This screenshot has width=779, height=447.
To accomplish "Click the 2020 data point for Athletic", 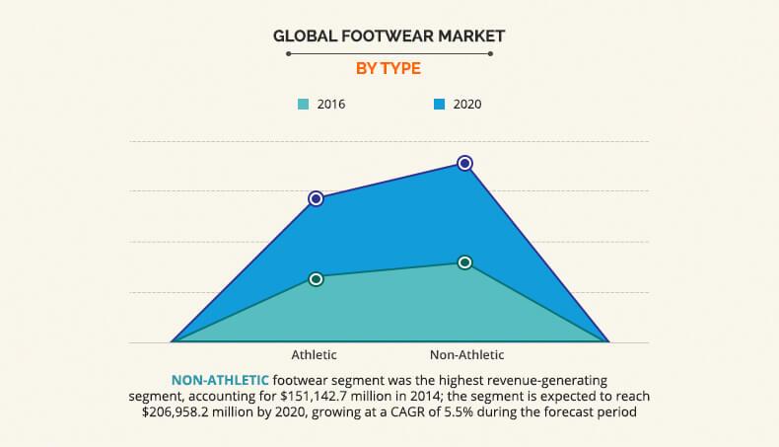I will [316, 198].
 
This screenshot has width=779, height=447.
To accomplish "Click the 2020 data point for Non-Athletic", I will [464, 163].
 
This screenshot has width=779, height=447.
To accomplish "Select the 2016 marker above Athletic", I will [316, 279].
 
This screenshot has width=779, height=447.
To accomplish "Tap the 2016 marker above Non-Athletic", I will [464, 262].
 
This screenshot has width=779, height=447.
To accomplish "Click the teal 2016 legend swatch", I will [304, 104].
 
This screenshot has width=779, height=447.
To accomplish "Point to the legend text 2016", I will [331, 104].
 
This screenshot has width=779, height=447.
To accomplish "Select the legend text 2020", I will [467, 104].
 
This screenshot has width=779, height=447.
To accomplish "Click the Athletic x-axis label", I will [315, 354].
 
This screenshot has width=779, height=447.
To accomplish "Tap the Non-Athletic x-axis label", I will [466, 354].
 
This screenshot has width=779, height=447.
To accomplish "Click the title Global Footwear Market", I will [389, 37].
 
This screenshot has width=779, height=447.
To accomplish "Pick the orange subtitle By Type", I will [389, 68].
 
